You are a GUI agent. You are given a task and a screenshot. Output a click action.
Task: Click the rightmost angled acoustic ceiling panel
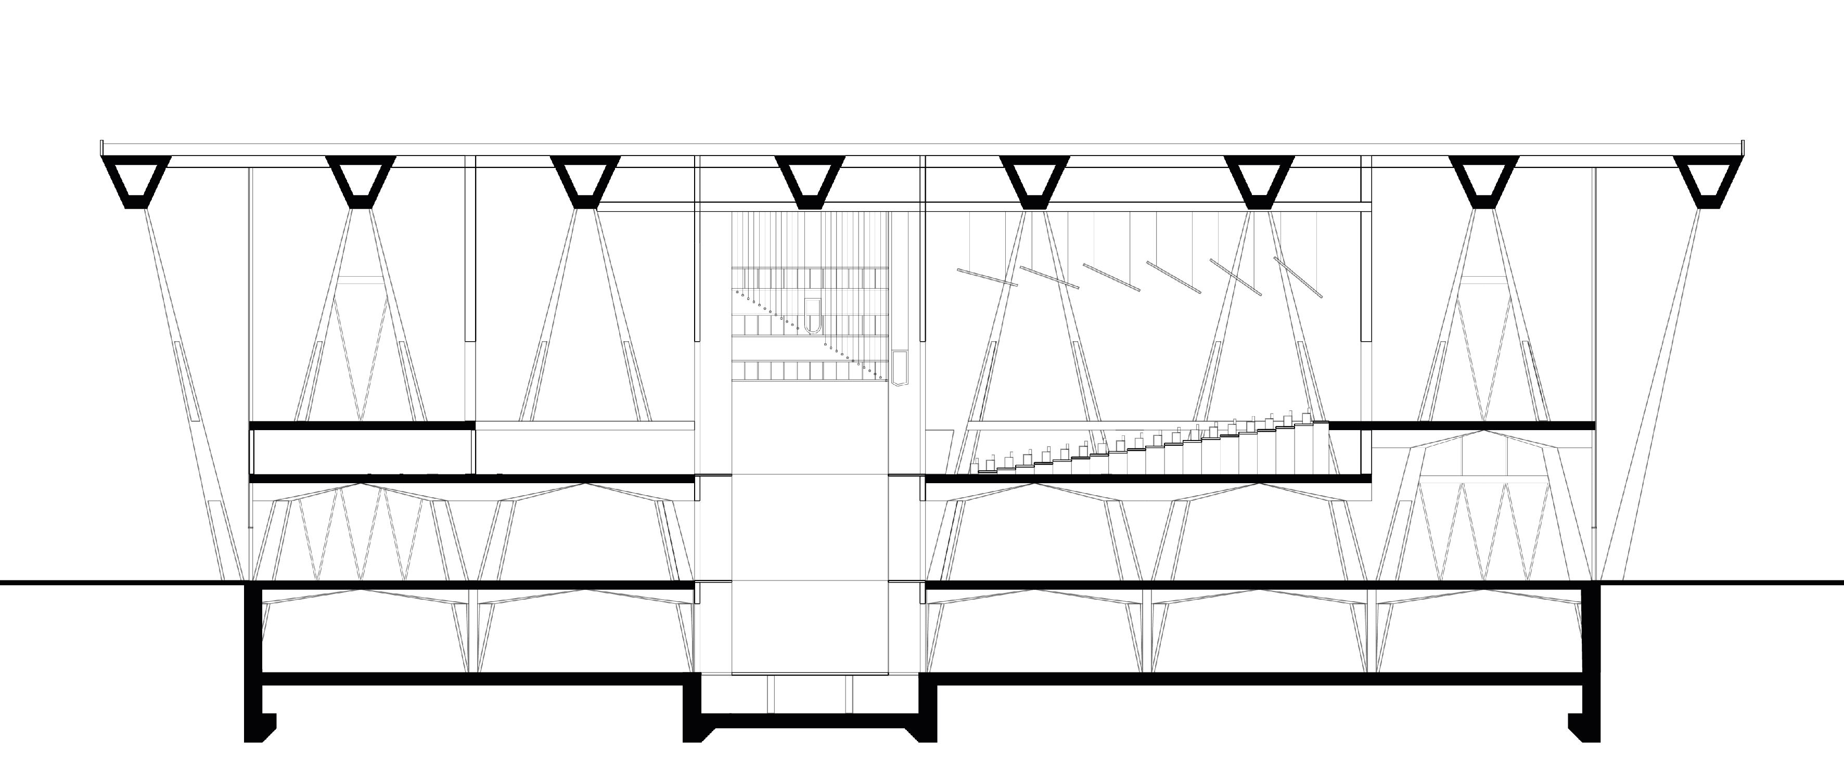tap(1298, 277)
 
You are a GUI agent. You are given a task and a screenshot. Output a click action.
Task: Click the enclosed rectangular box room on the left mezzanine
tap(362, 451)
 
